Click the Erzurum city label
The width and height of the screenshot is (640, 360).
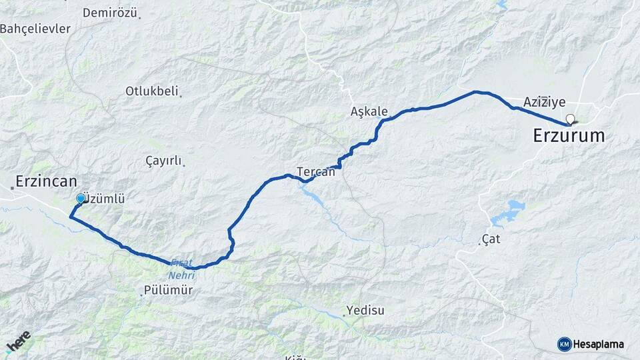click(x=569, y=136)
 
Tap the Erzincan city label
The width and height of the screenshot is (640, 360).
click(x=47, y=181)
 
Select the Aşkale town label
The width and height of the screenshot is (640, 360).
click(x=369, y=111)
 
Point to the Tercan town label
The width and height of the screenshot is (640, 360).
click(x=316, y=171)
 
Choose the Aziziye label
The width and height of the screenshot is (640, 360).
click(x=544, y=102)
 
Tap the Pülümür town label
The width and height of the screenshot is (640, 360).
click(x=168, y=290)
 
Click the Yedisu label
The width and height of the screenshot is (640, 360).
click(x=365, y=311)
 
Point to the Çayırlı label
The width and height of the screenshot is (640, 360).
click(x=163, y=161)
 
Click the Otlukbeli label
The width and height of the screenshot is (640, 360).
click(x=152, y=91)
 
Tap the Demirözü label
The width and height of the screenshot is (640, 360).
click(x=110, y=13)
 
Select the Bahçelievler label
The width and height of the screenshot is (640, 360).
click(x=35, y=29)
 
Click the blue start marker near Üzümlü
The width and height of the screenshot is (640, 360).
click(x=81, y=199)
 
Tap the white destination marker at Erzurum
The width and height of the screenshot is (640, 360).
click(x=570, y=120)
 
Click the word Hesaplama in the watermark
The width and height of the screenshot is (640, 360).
click(x=598, y=344)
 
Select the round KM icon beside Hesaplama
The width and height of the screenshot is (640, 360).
click(x=564, y=344)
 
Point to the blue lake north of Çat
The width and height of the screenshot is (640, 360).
click(x=509, y=212)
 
